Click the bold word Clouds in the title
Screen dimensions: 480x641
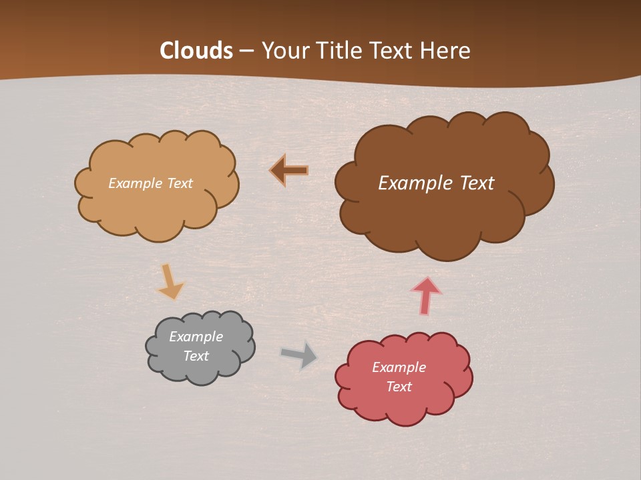[196, 51]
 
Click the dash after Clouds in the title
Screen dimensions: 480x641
[246, 51]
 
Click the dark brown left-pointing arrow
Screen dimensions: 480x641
[289, 171]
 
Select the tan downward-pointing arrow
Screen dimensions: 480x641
[170, 281]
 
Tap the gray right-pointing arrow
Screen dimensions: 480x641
[299, 355]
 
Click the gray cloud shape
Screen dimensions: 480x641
[200, 347]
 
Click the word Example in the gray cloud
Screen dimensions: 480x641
[196, 337]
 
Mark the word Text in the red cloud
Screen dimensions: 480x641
[399, 387]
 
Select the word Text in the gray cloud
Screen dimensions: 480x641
[196, 356]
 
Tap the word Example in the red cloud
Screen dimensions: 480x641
[399, 367]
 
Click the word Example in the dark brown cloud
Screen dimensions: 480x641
[412, 183]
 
